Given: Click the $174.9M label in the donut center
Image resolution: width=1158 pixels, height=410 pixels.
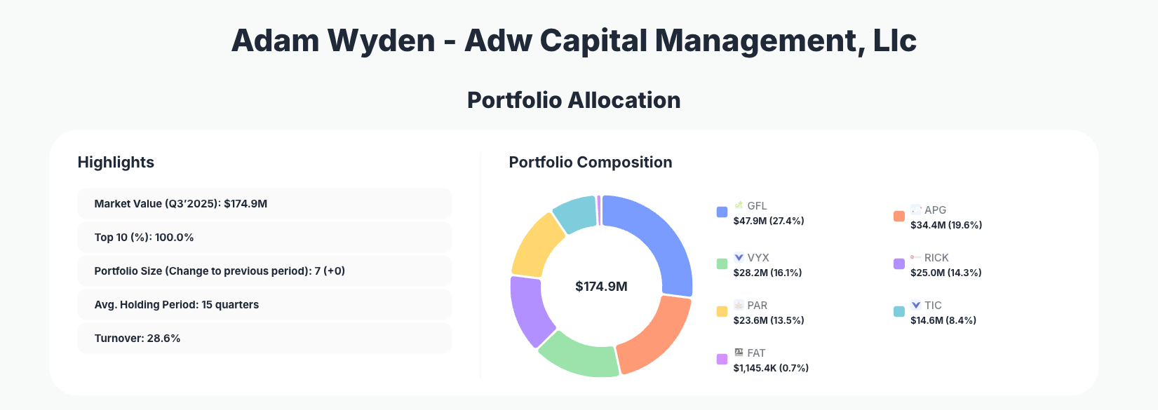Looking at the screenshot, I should pyautogui.click(x=601, y=287).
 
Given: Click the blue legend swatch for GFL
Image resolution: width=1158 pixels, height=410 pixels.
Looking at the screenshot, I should pyautogui.click(x=722, y=212).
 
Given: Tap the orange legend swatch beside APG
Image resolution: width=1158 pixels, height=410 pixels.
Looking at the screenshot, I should pyautogui.click(x=898, y=217).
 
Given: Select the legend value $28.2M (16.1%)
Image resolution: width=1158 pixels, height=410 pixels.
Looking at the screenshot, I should pyautogui.click(x=767, y=273).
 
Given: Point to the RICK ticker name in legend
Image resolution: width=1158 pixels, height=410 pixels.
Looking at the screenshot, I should pyautogui.click(x=936, y=258).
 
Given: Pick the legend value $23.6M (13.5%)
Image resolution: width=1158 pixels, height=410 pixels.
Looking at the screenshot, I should pyautogui.click(x=769, y=320).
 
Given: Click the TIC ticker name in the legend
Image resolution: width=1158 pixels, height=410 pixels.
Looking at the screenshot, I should pyautogui.click(x=933, y=306).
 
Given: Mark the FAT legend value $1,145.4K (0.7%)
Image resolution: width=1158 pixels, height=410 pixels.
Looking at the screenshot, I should pyautogui.click(x=771, y=368).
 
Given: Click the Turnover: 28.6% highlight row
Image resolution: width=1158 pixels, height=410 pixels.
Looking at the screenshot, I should pyautogui.click(x=264, y=339).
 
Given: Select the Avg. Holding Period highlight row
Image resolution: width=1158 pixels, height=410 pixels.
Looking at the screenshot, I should pyautogui.click(x=264, y=305).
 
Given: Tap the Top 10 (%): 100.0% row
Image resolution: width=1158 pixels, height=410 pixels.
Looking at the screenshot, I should pyautogui.click(x=264, y=238).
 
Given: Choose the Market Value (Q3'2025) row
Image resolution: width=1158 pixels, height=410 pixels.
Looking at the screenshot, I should pyautogui.click(x=264, y=204).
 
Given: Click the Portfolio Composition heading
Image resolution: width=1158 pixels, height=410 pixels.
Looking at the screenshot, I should pyautogui.click(x=591, y=163).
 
